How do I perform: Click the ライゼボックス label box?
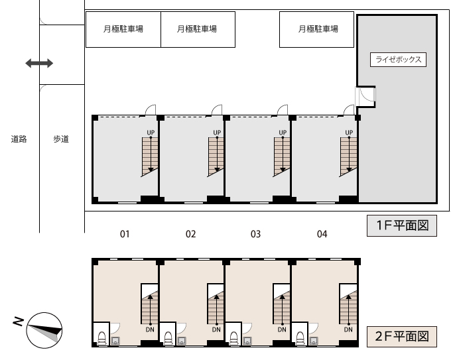tap(397, 59)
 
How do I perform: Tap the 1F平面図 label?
tap(402, 226)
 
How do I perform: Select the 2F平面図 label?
tap(402, 336)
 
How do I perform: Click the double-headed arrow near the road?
tap(39, 64)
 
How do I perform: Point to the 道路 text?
tap(19, 139)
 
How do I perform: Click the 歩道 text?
tap(61, 139)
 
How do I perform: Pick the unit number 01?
tap(124, 234)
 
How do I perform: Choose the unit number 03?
tap(256, 234)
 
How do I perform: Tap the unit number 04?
tap(322, 234)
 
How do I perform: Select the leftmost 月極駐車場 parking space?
tap(123, 29)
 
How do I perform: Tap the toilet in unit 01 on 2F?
tap(101, 336)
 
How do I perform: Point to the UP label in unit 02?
tap(217, 133)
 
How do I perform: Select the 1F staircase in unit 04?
tap(348, 156)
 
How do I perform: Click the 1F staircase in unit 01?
tap(151, 156)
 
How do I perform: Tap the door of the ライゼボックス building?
tap(366, 97)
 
